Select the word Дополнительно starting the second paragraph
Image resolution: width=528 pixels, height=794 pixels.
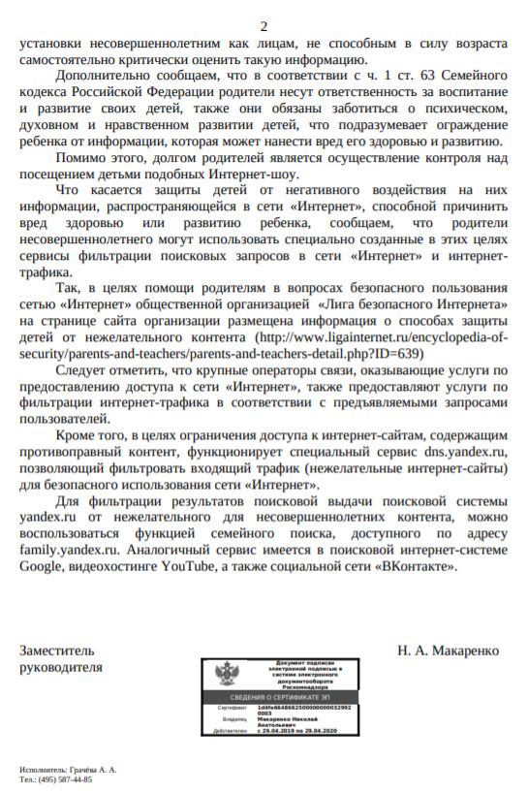pos(102,76)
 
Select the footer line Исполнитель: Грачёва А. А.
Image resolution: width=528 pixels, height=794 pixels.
pos(68,769)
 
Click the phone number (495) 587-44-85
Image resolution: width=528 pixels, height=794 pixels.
pos(67,778)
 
